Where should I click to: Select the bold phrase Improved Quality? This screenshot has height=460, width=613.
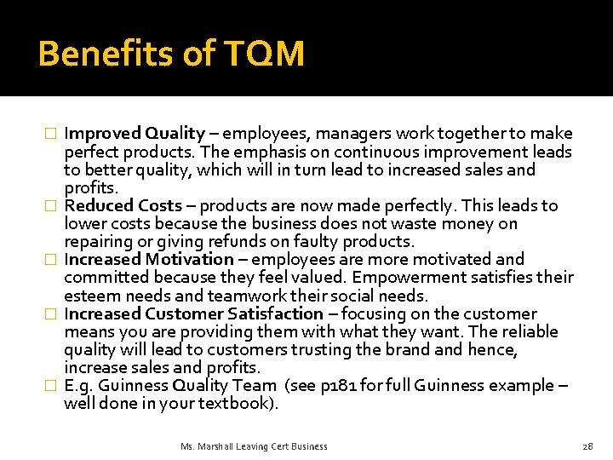135,134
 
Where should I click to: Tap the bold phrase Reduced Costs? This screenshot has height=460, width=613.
123,205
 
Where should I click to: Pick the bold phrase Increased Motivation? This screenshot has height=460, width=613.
149,259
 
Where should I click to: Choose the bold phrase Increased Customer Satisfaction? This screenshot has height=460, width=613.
194,313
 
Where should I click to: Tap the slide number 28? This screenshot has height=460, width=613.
587,446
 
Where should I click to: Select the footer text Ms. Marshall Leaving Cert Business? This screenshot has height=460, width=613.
254,446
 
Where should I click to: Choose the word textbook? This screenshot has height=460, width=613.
237,403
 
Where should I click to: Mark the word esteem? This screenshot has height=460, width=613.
90,296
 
